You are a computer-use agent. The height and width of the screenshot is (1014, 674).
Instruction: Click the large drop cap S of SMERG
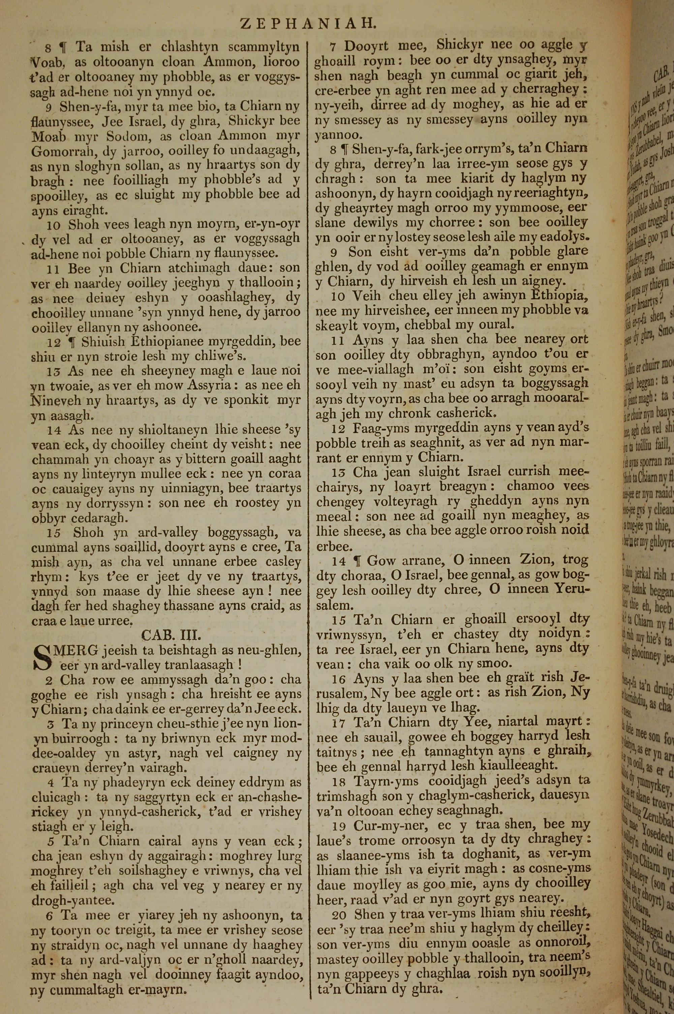click(x=42, y=658)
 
